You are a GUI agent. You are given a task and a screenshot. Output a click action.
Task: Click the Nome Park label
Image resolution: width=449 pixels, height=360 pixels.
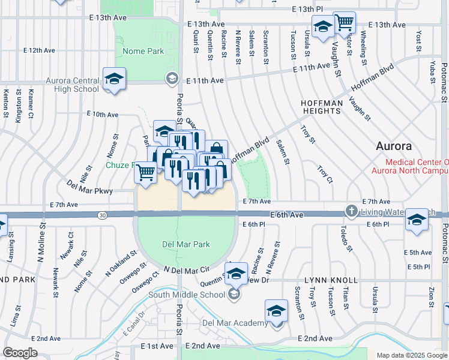(143, 52)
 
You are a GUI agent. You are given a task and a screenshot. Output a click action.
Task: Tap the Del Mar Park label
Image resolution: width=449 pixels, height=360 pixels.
(186, 244)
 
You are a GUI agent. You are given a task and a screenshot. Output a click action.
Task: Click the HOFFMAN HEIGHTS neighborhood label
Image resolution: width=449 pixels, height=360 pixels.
(321, 107)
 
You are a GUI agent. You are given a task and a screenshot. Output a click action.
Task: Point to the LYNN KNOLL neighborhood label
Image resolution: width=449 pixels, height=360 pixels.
(330, 280)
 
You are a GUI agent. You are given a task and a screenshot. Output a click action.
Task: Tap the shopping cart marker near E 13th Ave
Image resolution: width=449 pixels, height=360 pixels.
(344, 23)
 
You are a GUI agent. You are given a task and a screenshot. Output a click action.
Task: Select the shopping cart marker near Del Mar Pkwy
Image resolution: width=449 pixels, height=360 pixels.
(145, 172)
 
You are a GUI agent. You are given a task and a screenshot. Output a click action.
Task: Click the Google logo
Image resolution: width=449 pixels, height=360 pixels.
(20, 353)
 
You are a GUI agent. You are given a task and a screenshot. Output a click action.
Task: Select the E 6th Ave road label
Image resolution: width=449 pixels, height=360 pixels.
(287, 215)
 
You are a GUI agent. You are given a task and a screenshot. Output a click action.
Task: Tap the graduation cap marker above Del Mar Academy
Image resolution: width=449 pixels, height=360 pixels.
(276, 311)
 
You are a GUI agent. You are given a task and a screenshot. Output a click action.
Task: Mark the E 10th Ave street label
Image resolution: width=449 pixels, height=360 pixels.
(102, 113)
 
